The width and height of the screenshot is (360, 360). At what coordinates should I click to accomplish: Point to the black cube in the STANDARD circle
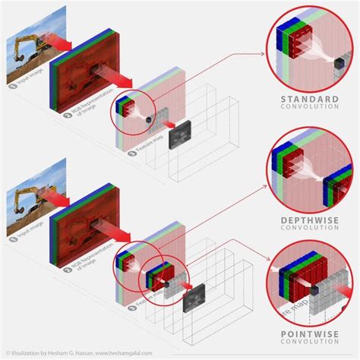[x=333, y=68]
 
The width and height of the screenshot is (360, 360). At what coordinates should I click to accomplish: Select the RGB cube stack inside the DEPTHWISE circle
[x=289, y=163]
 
